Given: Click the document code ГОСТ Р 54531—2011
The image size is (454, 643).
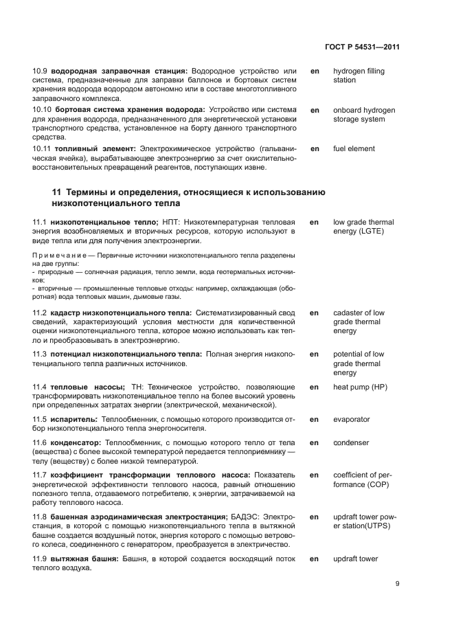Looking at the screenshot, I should (361, 47).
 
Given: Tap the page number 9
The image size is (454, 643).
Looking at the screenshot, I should (398, 584).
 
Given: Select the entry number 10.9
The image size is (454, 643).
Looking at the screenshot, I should (41, 71).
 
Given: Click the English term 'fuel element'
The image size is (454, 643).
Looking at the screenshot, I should (354, 148).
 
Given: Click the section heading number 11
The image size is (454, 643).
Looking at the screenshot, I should (56, 192).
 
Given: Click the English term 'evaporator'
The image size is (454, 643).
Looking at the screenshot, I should (351, 419).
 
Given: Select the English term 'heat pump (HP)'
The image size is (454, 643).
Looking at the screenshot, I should (360, 387).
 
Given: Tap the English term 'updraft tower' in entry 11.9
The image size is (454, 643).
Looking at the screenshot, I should (355, 559).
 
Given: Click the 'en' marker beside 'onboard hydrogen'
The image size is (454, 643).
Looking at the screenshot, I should (315, 110).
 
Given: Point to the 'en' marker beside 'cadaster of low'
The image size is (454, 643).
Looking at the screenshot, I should (315, 313).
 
